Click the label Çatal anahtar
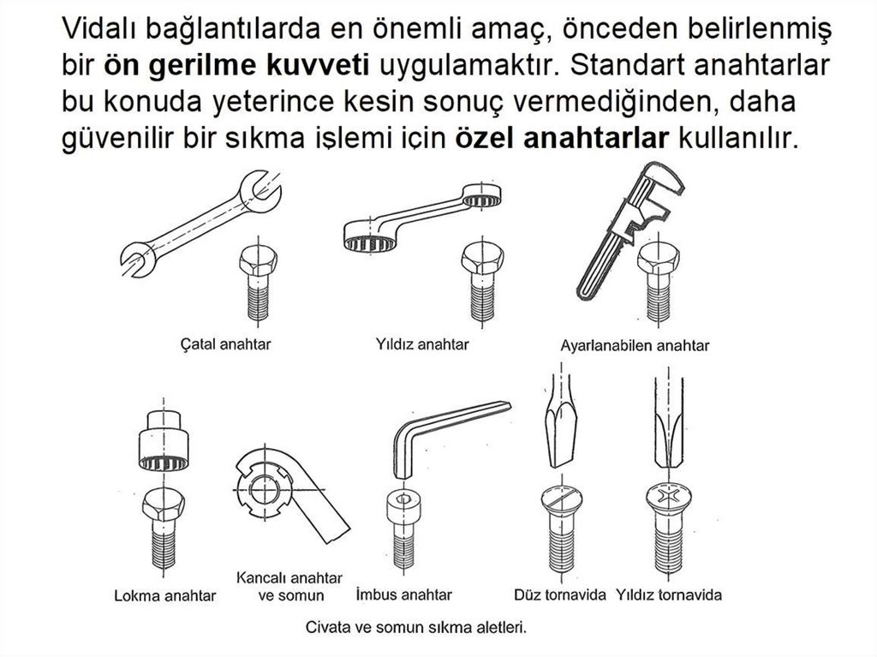coord(225,343)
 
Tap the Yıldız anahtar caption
coord(422,343)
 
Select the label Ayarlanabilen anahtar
coord(635,345)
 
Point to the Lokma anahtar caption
coord(165,595)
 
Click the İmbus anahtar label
coord(404,594)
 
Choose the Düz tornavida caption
coord(560,594)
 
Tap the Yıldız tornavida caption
coord(669,594)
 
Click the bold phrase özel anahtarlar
coord(562,138)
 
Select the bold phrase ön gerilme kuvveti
coord(236,65)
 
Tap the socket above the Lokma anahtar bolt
coord(164,441)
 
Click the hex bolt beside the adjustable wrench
coord(659,283)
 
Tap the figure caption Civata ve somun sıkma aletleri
coord(416,627)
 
